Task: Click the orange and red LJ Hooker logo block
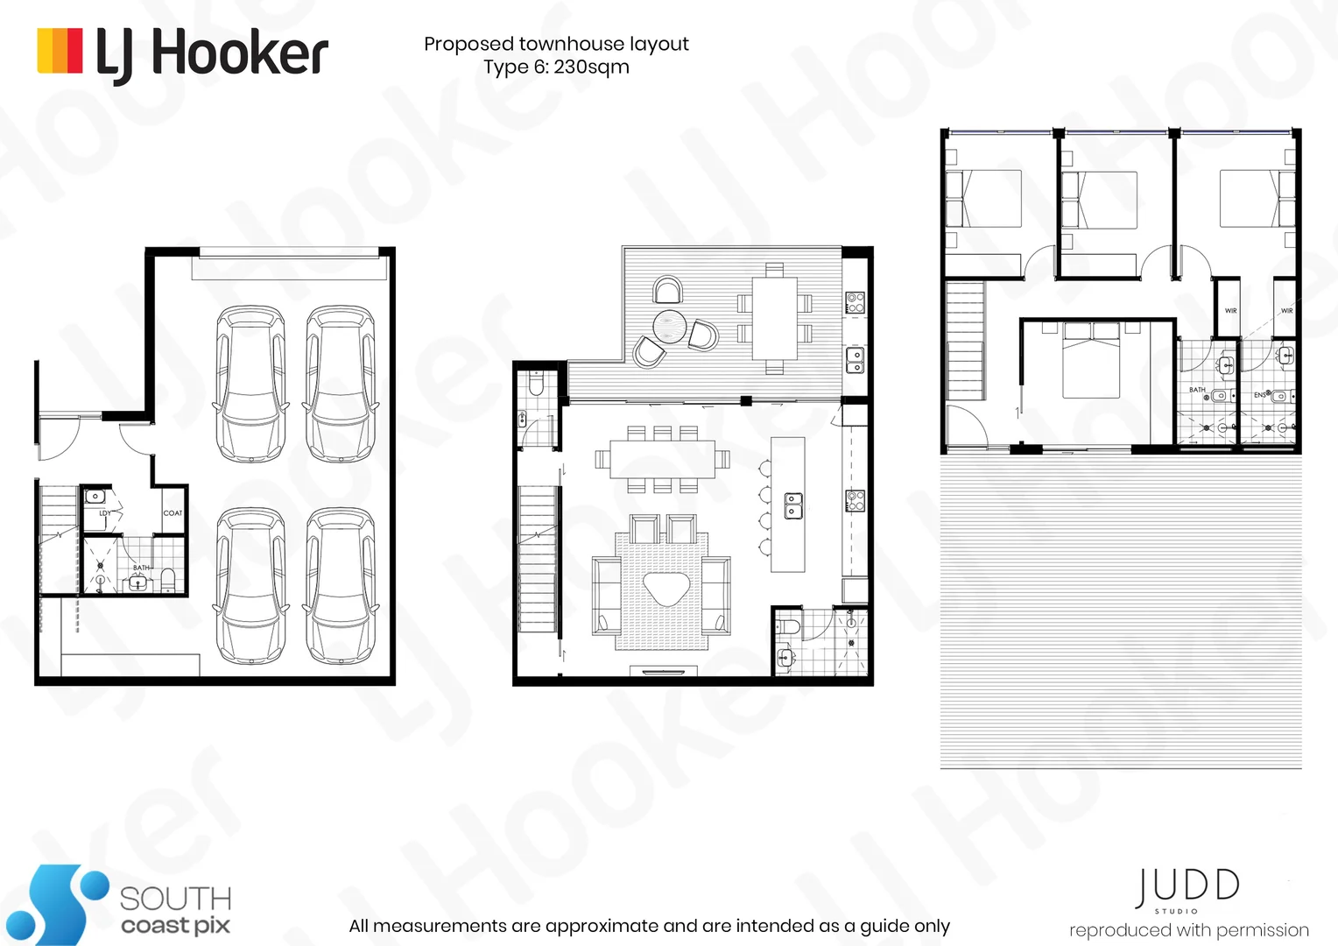coord(60,51)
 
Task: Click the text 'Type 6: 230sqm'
coord(556,67)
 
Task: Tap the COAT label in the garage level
coord(173,513)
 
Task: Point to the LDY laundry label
coord(105,513)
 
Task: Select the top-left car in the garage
coord(250,384)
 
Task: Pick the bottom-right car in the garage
coord(341,587)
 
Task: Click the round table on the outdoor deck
coord(671,328)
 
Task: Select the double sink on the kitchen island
coord(793,505)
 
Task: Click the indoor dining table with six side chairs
coord(662,459)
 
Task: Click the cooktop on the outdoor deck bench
coord(855,303)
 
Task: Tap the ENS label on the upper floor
coord(1259,395)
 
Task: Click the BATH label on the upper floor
coord(1196,390)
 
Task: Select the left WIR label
coord(1230,311)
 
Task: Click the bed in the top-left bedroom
coord(984,199)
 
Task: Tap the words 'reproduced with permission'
coord(1188,930)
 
